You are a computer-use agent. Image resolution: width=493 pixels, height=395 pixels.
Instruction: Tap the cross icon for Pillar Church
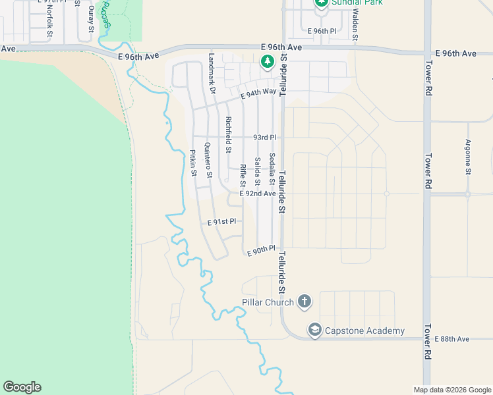click(304, 302)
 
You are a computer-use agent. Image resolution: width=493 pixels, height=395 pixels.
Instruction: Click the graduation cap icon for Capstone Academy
click(315, 330)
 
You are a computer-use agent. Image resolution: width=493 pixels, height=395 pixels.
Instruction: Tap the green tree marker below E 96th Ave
click(267, 63)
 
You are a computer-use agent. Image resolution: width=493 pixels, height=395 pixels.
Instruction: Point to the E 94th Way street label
click(258, 94)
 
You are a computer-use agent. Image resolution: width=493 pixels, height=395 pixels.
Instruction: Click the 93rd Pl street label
click(264, 138)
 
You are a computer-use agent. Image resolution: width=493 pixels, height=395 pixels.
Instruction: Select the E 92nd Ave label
click(258, 194)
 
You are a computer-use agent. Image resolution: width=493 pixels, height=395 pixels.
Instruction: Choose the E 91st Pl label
click(221, 223)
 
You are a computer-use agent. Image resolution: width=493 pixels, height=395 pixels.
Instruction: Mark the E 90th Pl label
click(260, 250)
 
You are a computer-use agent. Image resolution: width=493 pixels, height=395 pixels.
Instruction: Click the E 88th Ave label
click(452, 338)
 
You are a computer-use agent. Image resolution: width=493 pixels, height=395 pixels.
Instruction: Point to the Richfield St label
click(228, 134)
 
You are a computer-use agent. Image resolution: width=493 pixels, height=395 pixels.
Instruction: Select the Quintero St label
click(208, 161)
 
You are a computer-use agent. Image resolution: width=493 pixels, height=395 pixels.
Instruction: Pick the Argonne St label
click(468, 157)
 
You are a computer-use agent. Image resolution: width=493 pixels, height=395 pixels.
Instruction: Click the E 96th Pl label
click(322, 31)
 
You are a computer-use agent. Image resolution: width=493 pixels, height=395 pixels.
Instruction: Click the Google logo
click(22, 387)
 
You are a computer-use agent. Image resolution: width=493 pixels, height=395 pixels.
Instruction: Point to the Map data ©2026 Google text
click(452, 390)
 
